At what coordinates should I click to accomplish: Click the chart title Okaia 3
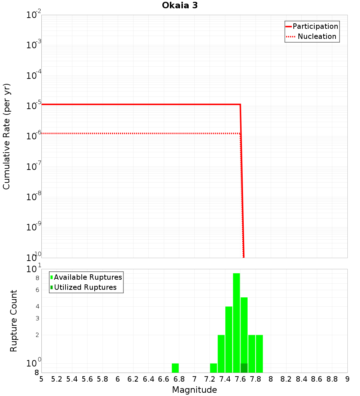pos(180,5)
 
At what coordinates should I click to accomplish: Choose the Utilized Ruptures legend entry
pos(85,287)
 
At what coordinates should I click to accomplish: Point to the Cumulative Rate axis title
pos(6,136)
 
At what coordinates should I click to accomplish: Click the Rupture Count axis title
pos(14,320)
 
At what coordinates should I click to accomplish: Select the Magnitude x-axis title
pos(194,390)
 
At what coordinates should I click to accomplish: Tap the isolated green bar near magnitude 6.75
pos(175,368)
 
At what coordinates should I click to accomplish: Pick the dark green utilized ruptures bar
pos(244,368)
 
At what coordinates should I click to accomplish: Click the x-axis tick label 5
pos(41,379)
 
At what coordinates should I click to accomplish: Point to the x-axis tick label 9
pos(347,379)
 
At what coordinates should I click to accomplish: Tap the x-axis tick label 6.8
pos(179,379)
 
